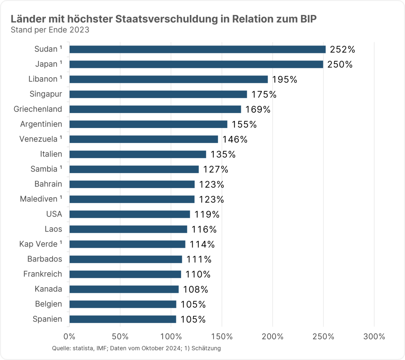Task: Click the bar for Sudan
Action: tap(197, 49)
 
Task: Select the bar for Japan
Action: tap(196, 64)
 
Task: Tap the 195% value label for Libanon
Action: tap(284, 79)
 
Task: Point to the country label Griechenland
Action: tap(38, 109)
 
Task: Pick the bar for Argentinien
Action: tap(148, 124)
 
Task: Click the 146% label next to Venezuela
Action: tap(235, 139)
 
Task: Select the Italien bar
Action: tap(138, 155)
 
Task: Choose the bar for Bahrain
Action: tap(132, 185)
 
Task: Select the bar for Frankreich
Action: tap(125, 274)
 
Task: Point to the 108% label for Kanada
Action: tap(195, 289)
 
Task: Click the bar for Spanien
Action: tap(123, 319)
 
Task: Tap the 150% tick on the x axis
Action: tap(221, 337)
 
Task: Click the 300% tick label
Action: tap(374, 337)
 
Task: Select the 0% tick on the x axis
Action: tap(69, 337)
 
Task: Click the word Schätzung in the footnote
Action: tap(206, 348)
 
